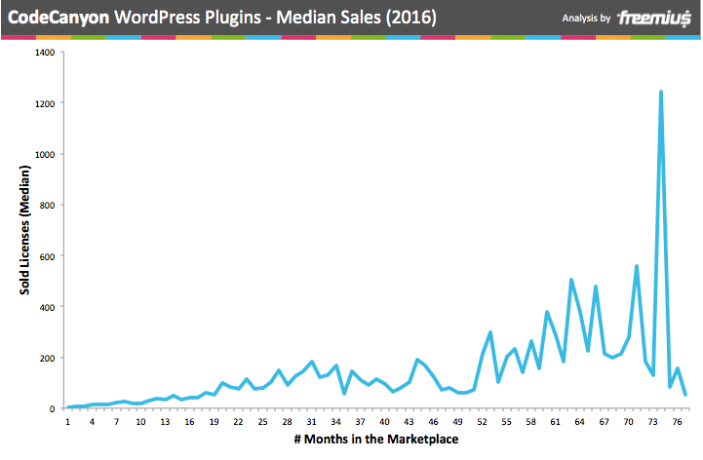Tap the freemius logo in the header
[x=655, y=18]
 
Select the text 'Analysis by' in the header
[x=587, y=19]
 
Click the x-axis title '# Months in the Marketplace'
[x=376, y=440]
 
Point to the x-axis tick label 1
[x=68, y=422]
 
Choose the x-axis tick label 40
[x=385, y=422]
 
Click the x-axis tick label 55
[x=507, y=422]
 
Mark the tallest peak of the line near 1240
[x=661, y=93]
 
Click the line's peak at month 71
[x=637, y=266]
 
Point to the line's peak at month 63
[x=571, y=280]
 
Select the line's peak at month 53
[x=490, y=332]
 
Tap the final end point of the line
[x=685, y=395]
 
